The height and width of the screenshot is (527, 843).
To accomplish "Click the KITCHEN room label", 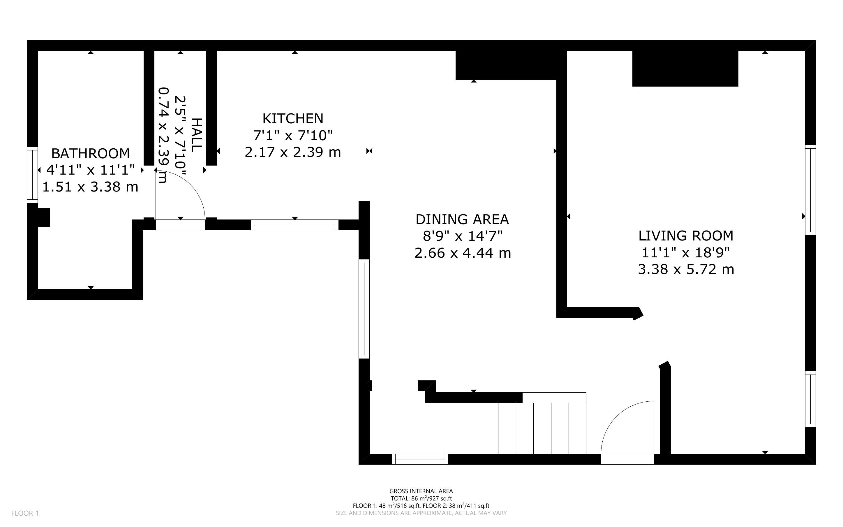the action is click(293, 119).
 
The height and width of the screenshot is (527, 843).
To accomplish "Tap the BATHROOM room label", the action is click(91, 154).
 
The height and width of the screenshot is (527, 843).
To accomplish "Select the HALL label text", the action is click(197, 135).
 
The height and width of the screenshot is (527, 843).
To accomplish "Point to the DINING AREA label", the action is click(462, 219).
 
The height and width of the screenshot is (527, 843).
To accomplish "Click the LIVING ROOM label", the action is click(686, 236).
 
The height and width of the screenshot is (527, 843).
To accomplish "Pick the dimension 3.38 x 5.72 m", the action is click(686, 269).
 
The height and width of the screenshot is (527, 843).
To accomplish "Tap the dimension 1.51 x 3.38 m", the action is click(91, 187).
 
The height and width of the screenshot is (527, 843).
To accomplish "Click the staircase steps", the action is click(542, 428).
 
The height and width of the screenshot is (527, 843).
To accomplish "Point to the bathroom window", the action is click(32, 175).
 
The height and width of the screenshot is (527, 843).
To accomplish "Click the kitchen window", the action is click(294, 225).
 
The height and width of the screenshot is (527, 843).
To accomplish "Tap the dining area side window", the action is click(364, 309).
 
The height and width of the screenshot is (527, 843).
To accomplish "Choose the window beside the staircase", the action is click(420, 459).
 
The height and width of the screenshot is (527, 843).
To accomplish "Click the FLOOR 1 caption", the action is click(25, 513).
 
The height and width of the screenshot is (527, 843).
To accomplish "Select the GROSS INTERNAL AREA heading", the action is click(421, 491).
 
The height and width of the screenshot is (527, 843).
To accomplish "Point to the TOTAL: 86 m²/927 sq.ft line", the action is click(421, 498).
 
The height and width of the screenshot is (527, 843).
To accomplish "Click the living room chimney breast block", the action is click(685, 69).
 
